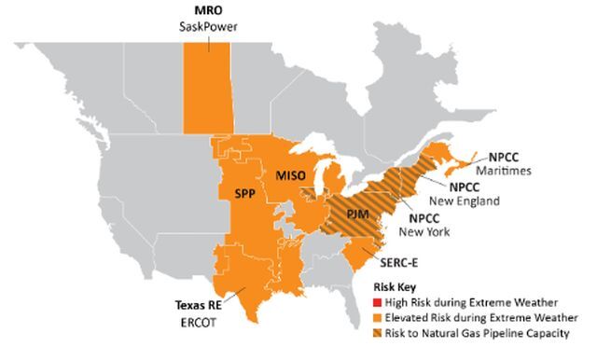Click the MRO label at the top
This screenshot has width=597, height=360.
click(208, 11)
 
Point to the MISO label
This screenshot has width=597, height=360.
click(291, 174)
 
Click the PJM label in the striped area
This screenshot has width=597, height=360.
click(345, 216)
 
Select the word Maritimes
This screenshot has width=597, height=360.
click(506, 170)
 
